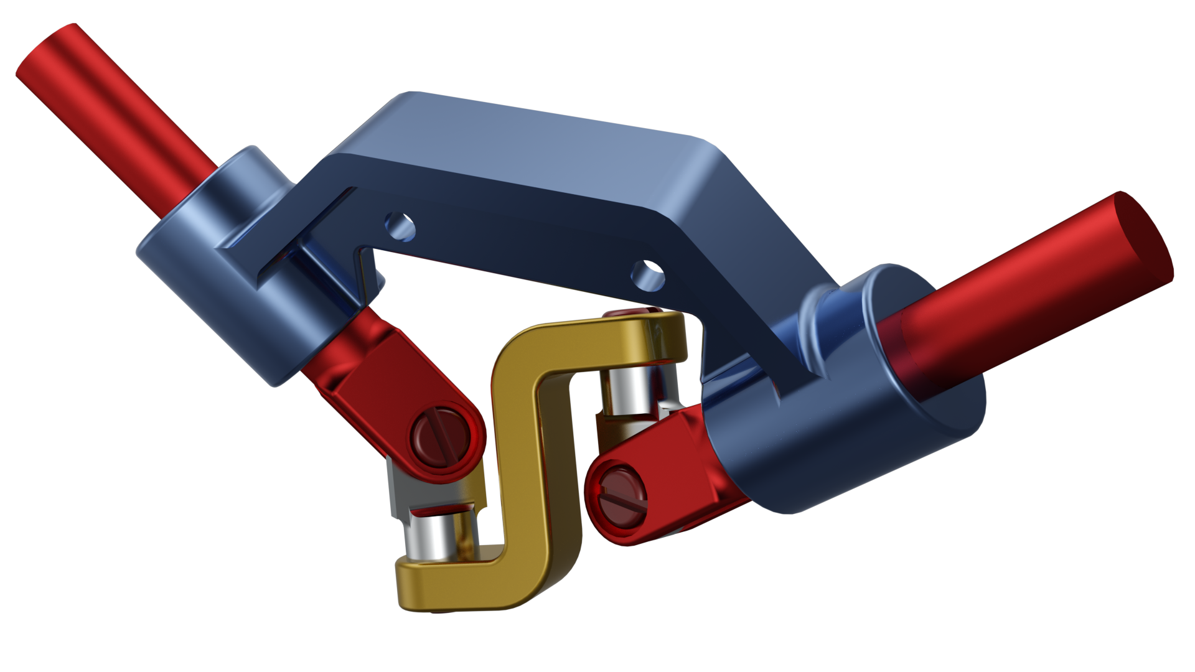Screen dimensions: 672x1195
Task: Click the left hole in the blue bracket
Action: (x=400, y=226)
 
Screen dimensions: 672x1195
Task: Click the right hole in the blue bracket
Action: (x=648, y=274)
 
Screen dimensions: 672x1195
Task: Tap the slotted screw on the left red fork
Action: (x=441, y=437)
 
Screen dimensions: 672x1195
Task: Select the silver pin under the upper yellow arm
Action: (x=630, y=392)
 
